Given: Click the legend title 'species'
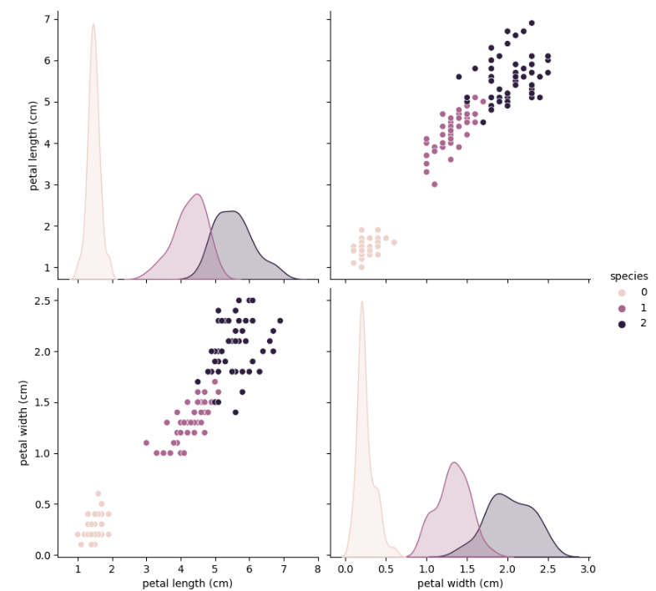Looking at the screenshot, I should tap(628, 276).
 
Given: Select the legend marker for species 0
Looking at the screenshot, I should tap(620, 292).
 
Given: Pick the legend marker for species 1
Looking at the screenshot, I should tap(620, 307).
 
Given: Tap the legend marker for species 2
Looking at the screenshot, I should tap(620, 323).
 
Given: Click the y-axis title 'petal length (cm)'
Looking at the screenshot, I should tap(34, 145).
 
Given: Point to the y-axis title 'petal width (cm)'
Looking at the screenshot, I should tap(25, 422).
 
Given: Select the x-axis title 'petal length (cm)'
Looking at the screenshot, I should tap(187, 583).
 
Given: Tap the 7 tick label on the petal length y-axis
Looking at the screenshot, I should tap(48, 18).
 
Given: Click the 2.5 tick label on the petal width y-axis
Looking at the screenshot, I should tap(42, 301).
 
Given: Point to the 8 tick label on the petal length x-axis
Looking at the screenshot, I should tap(317, 569).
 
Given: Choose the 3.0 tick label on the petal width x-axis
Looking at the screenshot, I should tap(588, 569).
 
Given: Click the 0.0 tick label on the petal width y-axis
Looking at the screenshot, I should tap(42, 555).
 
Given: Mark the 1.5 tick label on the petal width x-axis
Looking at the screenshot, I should tap(467, 569).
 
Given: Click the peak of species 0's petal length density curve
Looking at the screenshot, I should tap(93, 24).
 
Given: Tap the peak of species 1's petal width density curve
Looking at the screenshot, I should tap(453, 462).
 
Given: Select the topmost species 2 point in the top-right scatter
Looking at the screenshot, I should tap(532, 23).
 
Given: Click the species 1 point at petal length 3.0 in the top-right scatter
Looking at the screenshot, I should tap(434, 184).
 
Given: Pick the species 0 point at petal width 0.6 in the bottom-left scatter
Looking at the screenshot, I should tap(98, 493).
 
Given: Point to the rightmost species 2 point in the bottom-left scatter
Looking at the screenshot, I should tap(280, 321).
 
